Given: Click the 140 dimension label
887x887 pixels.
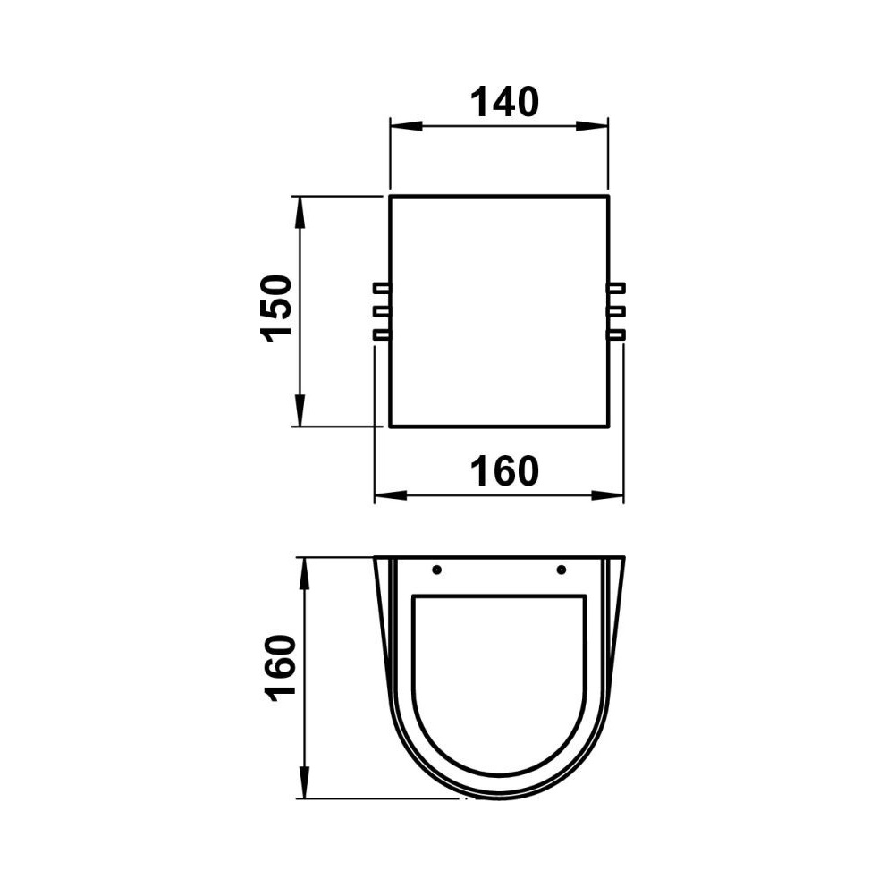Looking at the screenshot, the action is pyautogui.click(x=504, y=103).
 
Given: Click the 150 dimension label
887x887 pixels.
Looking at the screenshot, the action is pyautogui.click(x=277, y=308).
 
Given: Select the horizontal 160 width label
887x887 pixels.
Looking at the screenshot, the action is pyautogui.click(x=504, y=471).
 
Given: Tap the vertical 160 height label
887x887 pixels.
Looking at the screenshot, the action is pyautogui.click(x=281, y=669).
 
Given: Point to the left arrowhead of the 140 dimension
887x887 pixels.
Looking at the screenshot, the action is pyautogui.click(x=406, y=125).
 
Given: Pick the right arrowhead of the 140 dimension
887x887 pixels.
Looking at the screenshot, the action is pyautogui.click(x=592, y=125).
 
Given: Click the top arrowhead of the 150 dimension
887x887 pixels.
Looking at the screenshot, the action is pyautogui.click(x=300, y=212).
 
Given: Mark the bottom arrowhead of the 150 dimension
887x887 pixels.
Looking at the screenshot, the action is pyautogui.click(x=300, y=410).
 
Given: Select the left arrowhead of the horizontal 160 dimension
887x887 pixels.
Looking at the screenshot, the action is pyautogui.click(x=391, y=495).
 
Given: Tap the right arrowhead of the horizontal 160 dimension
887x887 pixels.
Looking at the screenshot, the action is pyautogui.click(x=607, y=495).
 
